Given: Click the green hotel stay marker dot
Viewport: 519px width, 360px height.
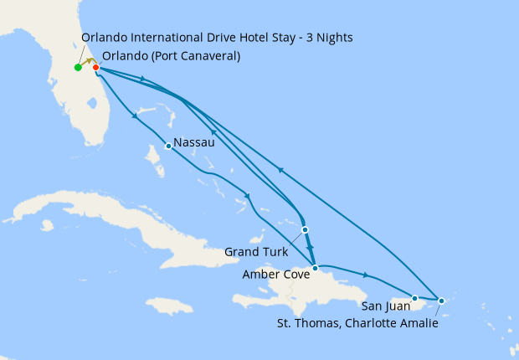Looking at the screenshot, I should pyautogui.click(x=78, y=68).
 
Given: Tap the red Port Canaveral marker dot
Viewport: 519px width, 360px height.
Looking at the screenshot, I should pyautogui.click(x=96, y=68).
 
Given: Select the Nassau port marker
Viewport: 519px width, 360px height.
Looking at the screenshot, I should pyautogui.click(x=169, y=147).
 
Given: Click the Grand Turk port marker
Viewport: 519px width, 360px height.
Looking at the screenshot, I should pyautogui.click(x=305, y=229).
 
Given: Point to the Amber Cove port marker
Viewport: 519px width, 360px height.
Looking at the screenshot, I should pyautogui.click(x=315, y=269).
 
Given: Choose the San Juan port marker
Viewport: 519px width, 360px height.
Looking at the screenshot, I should pyautogui.click(x=415, y=297).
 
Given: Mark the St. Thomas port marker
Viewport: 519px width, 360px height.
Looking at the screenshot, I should pyautogui.click(x=442, y=301).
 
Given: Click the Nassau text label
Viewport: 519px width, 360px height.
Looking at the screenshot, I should pyautogui.click(x=194, y=143).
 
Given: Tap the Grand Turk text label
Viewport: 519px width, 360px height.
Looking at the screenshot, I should pyautogui.click(x=255, y=252).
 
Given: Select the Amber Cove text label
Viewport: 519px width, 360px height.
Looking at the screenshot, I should pyautogui.click(x=275, y=274).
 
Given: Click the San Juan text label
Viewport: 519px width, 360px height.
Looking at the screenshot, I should pyautogui.click(x=383, y=306).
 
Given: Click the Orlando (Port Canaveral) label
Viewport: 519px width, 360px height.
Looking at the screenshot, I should pyautogui.click(x=171, y=56).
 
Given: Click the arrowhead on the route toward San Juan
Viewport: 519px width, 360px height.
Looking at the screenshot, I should pyautogui.click(x=366, y=275).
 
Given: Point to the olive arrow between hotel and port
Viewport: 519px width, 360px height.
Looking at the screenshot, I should pyautogui.click(x=87, y=64).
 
